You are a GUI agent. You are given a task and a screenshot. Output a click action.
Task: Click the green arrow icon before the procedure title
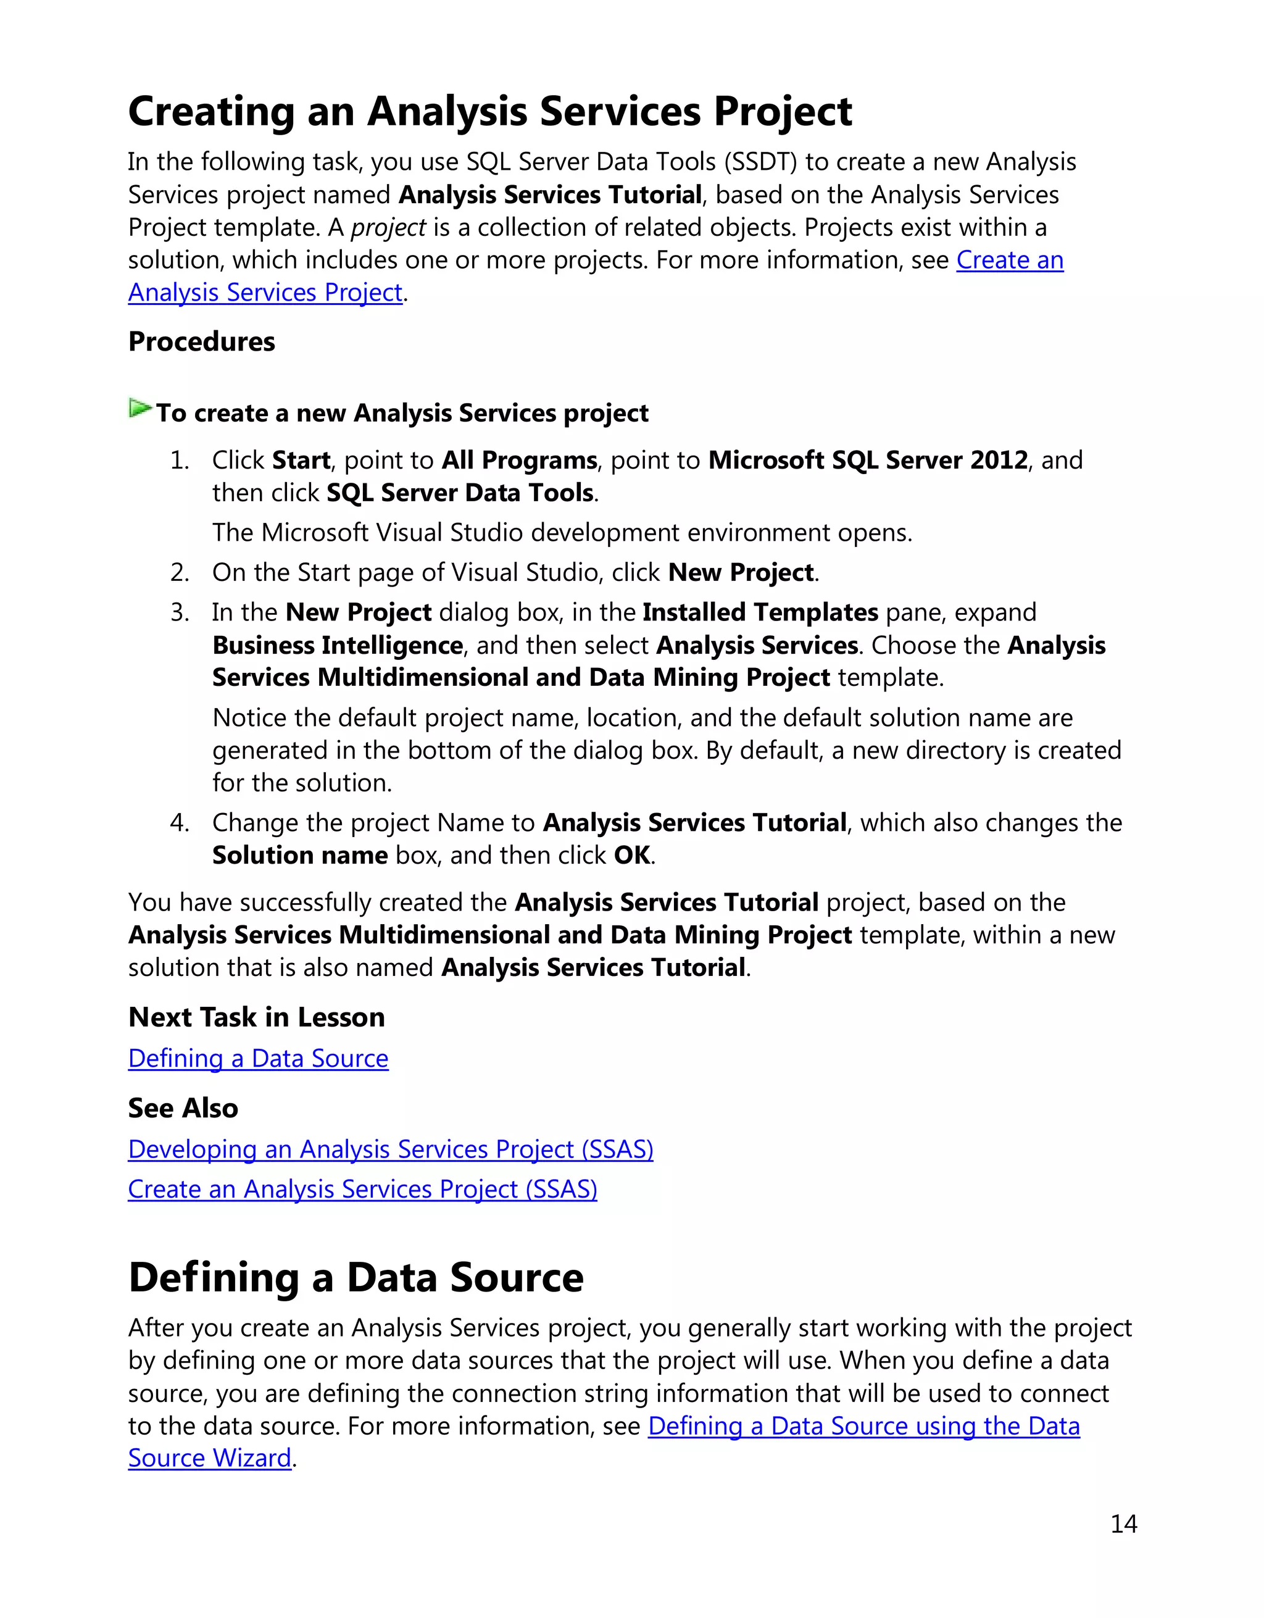140,408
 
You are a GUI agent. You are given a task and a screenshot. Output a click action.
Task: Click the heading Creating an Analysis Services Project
489,112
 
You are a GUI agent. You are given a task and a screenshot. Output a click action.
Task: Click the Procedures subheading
201,341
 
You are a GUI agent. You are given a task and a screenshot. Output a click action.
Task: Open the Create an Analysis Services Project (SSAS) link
362,1189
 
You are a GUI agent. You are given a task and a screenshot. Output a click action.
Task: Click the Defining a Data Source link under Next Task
258,1058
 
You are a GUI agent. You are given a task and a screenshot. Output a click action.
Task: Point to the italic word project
388,227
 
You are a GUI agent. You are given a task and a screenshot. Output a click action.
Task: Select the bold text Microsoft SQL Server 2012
868,460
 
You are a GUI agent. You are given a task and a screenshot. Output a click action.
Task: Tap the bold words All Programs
519,460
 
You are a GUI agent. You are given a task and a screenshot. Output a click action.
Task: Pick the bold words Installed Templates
760,612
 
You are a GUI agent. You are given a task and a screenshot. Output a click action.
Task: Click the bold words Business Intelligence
338,645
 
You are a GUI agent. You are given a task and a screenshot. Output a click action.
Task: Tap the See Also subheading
183,1108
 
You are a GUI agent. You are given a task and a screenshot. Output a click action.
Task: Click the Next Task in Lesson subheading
256,1017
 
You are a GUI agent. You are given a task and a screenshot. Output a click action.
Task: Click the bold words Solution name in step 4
300,856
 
